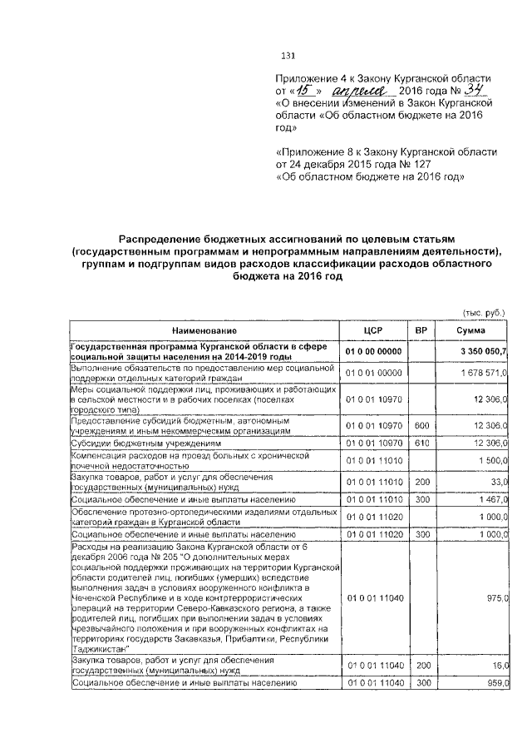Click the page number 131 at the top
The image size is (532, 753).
[x=289, y=57]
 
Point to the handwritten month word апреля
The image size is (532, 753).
[x=358, y=90]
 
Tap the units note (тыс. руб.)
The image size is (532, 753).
[x=484, y=312]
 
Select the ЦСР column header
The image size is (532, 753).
[x=372, y=330]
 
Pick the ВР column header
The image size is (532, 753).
[x=421, y=330]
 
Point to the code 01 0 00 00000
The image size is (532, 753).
[x=373, y=352]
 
